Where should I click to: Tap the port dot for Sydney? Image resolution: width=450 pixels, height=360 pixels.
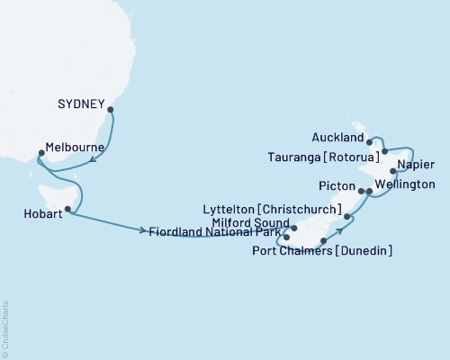[111, 111]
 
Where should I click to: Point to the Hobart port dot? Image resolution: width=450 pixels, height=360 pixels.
[67, 209]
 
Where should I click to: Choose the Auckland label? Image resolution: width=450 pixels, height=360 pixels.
[336, 139]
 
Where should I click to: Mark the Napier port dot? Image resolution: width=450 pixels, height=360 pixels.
[393, 171]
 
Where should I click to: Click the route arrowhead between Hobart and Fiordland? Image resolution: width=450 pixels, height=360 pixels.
[145, 231]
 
